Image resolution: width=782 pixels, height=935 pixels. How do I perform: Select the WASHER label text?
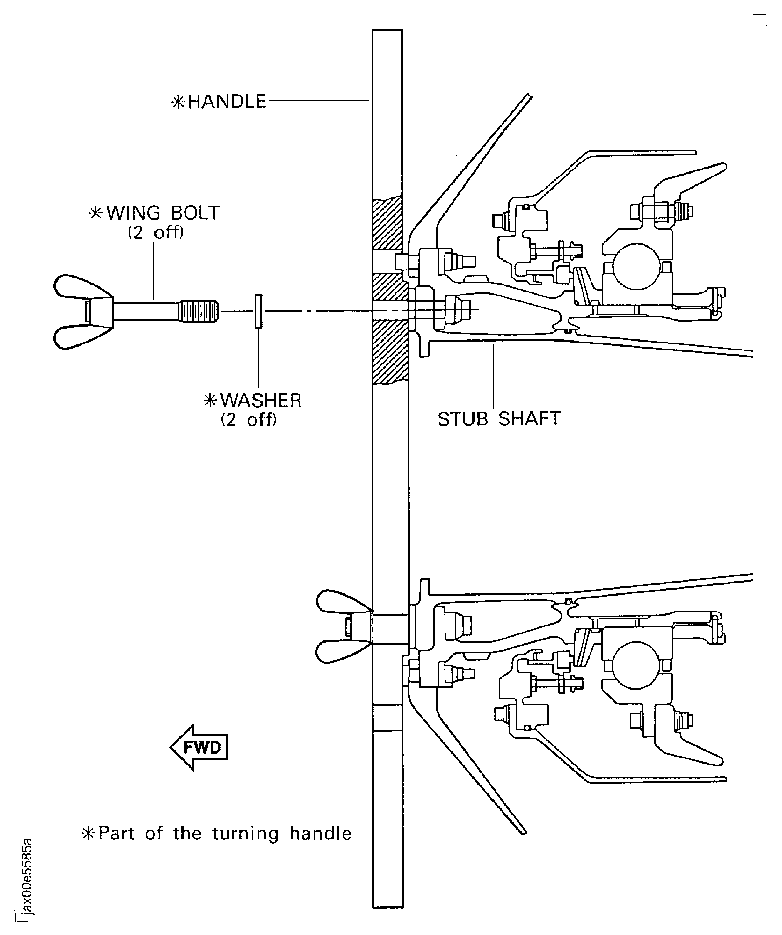pos(260,401)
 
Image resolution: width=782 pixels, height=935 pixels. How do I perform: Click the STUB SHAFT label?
pos(499,419)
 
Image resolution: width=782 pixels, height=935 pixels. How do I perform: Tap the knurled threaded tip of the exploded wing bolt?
pos(199,311)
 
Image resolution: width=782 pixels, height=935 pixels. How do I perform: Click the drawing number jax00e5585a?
pos(28,876)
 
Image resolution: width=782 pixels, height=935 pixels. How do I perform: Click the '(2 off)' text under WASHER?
pos(249,420)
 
